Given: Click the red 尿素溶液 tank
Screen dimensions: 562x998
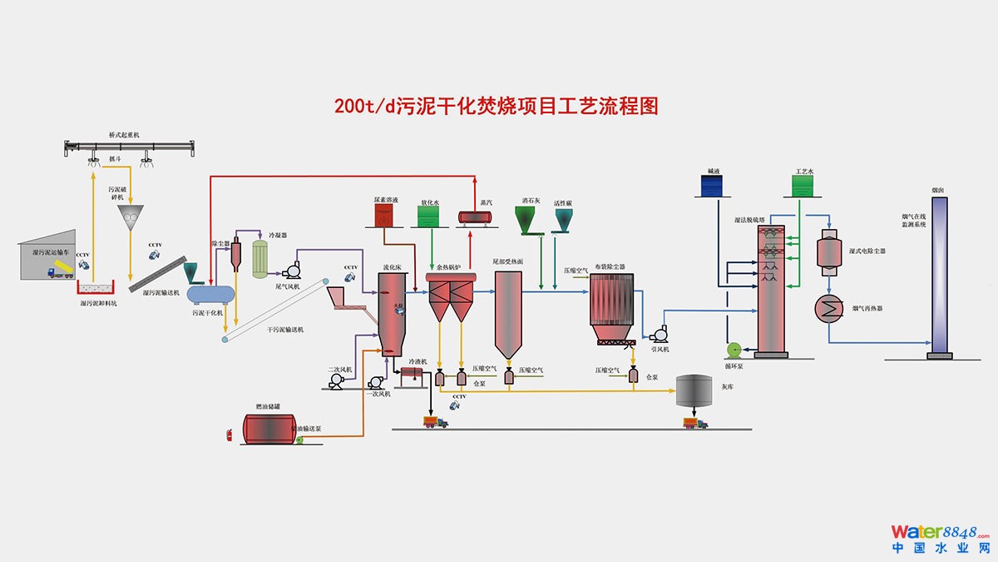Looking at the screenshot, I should click(x=383, y=216).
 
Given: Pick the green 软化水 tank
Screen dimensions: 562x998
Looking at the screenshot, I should click(x=429, y=216).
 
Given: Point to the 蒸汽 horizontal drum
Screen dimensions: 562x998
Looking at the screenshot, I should click(x=474, y=216).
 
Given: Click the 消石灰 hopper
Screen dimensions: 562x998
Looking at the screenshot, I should click(x=526, y=220).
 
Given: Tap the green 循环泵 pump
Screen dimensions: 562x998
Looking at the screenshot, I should click(x=734, y=351).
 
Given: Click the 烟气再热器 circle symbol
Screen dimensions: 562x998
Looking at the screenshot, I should click(x=829, y=307).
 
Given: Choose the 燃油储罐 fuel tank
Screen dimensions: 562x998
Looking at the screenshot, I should click(x=267, y=428).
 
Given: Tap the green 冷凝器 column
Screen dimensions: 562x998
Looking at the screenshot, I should click(x=259, y=257).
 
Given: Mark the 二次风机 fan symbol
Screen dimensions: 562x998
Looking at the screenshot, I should click(x=338, y=380).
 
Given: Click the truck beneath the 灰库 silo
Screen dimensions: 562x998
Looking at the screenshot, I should click(x=694, y=423).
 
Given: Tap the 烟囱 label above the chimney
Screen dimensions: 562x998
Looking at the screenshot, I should click(x=938, y=191).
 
